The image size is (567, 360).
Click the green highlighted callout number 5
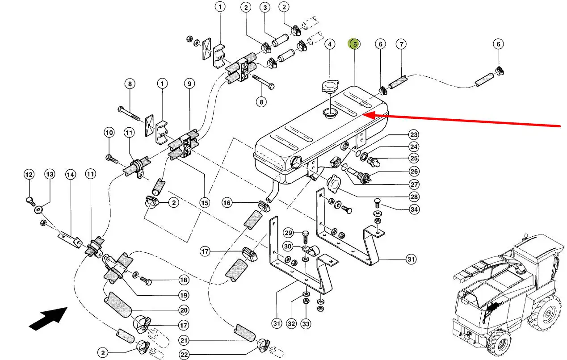(x=354, y=44)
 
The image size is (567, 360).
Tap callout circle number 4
(x=329, y=44)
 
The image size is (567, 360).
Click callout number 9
(x=189, y=83)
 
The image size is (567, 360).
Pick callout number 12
(x=29, y=174)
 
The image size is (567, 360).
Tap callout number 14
(x=70, y=174)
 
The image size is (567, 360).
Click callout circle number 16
(x=227, y=203)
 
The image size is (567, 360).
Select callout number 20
(x=184, y=310)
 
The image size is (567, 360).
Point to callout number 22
(x=184, y=355)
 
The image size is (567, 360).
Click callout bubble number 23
(x=413, y=135)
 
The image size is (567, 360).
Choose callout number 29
(x=288, y=233)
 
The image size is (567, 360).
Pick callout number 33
(x=306, y=323)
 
